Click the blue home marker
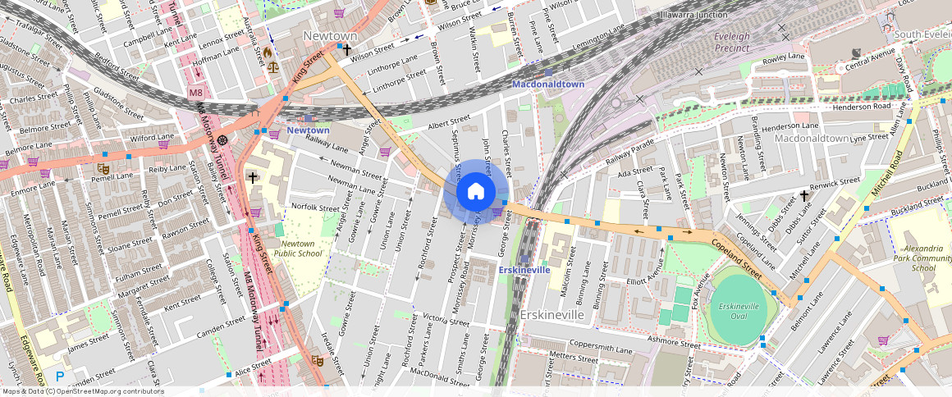tap(475, 192)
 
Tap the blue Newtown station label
tap(308, 130)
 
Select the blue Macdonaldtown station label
tap(548, 84)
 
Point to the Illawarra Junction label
tap(694, 15)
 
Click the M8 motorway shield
tap(195, 93)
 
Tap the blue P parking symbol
tap(60, 376)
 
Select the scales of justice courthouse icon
tap(272, 67)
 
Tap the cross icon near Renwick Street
tap(805, 195)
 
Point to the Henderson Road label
tap(860, 107)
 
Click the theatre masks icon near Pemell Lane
tap(103, 168)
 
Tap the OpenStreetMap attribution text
tap(82, 391)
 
